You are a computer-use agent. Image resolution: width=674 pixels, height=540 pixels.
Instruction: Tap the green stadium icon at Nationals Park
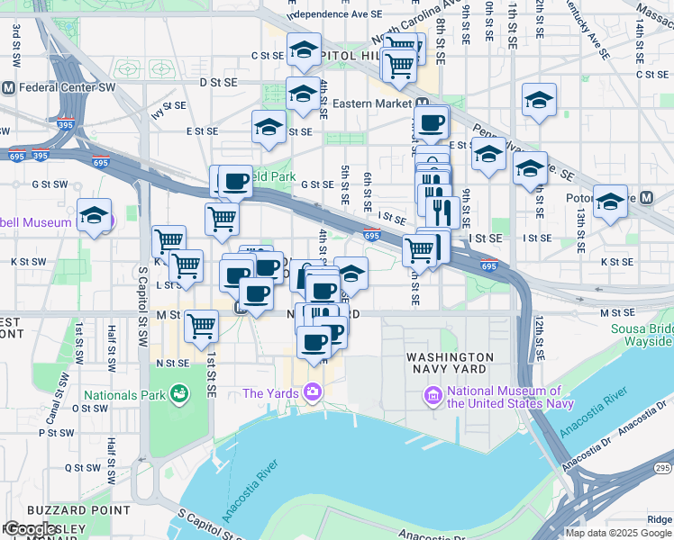pos(179,393)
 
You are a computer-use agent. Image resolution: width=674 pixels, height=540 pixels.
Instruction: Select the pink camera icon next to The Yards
pos(313,391)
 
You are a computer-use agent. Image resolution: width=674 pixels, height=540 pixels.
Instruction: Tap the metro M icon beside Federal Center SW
pos(8,88)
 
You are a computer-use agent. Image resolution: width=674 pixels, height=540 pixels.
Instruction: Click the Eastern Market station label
pos(372,103)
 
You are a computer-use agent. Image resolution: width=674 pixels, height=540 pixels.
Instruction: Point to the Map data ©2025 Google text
pos(618,533)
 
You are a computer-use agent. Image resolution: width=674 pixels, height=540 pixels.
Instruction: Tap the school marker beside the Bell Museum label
pos(94,216)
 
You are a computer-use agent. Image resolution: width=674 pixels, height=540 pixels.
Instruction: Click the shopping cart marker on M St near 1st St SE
pos(202,326)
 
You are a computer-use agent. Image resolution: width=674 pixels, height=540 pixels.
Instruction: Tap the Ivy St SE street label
pos(168,106)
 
